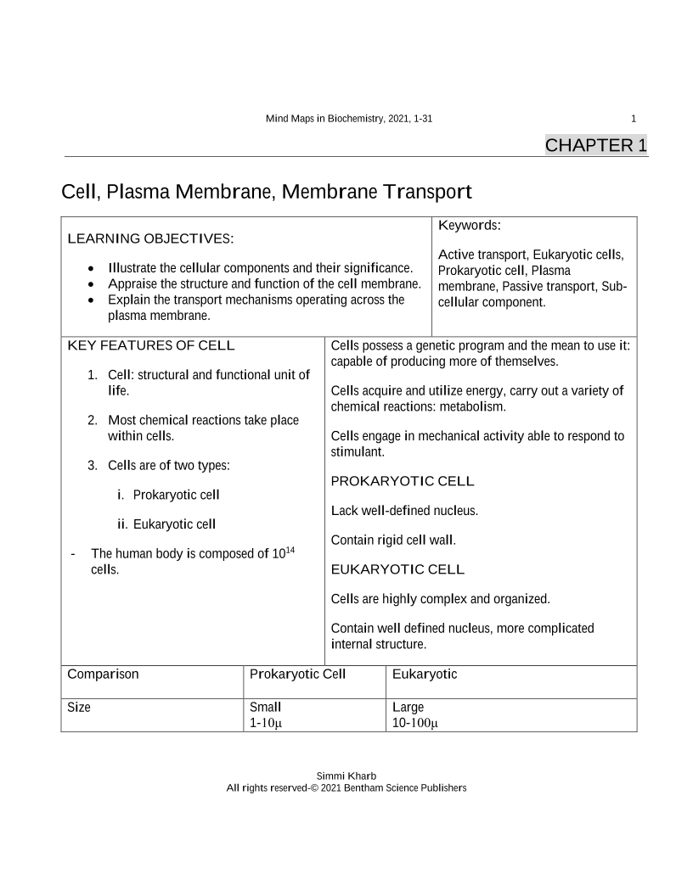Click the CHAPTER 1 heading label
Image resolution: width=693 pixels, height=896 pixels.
tap(595, 145)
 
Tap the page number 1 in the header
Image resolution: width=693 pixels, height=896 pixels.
tap(634, 119)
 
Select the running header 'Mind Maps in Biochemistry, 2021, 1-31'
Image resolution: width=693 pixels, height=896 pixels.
tap(349, 119)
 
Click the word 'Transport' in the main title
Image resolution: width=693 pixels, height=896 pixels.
tap(427, 192)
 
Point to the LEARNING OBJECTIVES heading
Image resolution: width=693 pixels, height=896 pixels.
tap(150, 238)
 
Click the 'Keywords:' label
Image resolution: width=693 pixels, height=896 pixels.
tap(470, 225)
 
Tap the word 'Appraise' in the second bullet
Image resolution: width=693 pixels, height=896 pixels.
tap(133, 283)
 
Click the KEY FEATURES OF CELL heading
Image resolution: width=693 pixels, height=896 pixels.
tap(150, 345)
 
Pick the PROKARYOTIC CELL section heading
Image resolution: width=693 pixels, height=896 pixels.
tap(402, 481)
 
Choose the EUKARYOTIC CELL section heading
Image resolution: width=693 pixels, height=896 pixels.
tap(397, 568)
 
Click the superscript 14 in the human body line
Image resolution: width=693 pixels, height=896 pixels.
tap(290, 550)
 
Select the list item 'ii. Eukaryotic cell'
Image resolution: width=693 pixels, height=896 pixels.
tap(166, 524)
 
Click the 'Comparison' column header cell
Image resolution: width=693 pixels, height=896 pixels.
tap(103, 675)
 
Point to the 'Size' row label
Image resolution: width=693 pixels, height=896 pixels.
tap(79, 707)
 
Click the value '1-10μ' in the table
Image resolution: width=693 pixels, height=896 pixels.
tap(266, 724)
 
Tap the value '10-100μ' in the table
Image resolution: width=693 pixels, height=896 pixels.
tap(414, 724)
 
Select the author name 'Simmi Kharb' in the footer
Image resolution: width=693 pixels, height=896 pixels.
tap(346, 776)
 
